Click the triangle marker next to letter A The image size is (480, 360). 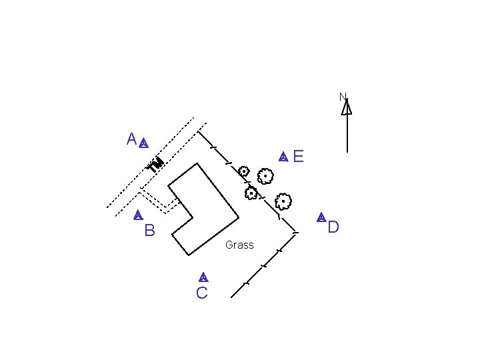click(x=143, y=143)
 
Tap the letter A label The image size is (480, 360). click(x=131, y=139)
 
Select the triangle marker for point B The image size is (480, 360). click(x=137, y=215)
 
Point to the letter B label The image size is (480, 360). click(x=149, y=231)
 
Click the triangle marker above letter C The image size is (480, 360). click(x=203, y=277)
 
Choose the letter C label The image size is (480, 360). click(x=202, y=293)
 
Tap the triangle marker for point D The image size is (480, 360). click(x=321, y=217)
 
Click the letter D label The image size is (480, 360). click(x=333, y=227)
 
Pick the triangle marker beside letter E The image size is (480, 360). click(x=283, y=157)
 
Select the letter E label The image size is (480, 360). click(x=298, y=157)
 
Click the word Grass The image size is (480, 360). click(x=239, y=245)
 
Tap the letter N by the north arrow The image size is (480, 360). click(x=343, y=97)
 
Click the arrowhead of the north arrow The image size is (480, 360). click(x=347, y=107)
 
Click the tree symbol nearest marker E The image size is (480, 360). click(x=265, y=177)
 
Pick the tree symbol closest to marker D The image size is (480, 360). click(x=283, y=200)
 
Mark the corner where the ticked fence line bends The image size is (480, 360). click(x=295, y=233)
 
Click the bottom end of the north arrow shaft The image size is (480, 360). click(x=347, y=153)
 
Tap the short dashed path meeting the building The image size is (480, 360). click(x=160, y=202)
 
